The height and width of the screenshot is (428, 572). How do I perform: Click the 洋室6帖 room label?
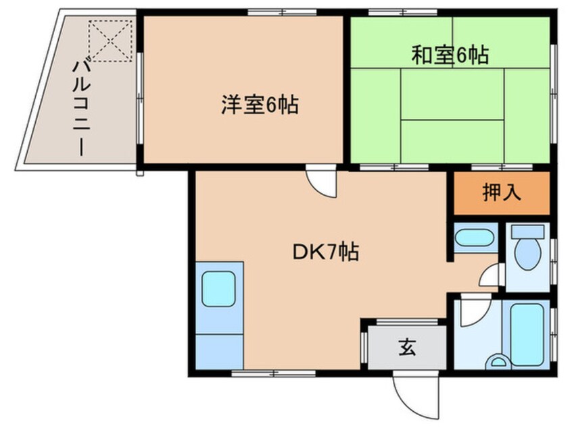[x=260, y=105]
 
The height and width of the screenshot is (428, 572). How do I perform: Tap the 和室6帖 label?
[x=450, y=55]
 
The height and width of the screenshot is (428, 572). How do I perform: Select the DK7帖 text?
[x=325, y=252]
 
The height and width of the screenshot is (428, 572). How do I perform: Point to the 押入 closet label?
[x=502, y=192]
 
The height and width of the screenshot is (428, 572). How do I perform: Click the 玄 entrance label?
[x=406, y=348]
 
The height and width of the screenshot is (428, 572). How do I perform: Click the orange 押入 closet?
[x=502, y=193]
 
